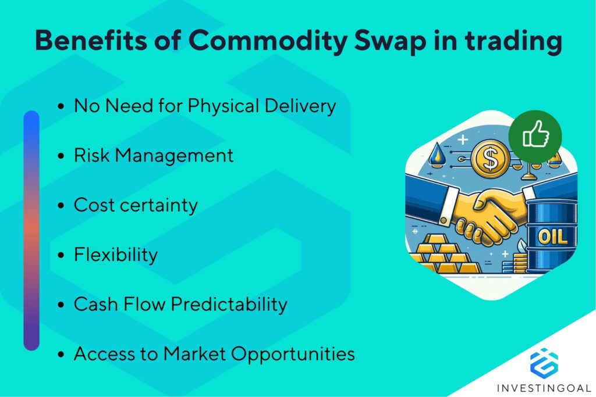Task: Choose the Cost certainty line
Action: tap(136, 206)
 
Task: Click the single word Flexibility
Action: tap(115, 255)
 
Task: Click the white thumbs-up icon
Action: tap(534, 136)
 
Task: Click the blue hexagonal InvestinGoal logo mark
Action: tap(544, 361)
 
